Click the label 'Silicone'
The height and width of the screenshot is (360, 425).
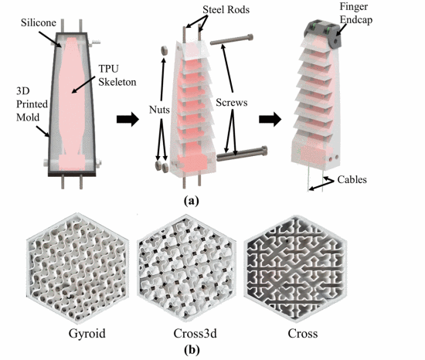click(x=39, y=22)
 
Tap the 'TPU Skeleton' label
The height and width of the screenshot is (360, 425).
click(x=117, y=75)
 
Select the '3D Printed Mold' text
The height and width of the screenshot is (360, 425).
click(x=32, y=104)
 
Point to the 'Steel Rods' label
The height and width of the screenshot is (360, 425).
click(x=226, y=10)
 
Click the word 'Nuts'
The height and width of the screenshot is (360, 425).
click(x=159, y=110)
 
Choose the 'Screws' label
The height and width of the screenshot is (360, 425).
click(x=232, y=103)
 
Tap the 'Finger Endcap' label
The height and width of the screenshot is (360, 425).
click(x=356, y=13)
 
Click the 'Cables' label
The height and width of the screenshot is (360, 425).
click(x=352, y=179)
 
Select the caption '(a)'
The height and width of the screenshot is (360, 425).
click(x=192, y=202)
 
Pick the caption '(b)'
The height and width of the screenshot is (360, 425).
click(x=192, y=350)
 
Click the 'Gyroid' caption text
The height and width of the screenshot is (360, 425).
click(x=87, y=334)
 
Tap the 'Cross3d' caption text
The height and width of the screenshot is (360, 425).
click(x=195, y=334)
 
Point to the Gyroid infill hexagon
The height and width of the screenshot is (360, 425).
click(x=78, y=268)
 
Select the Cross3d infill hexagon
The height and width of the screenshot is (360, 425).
click(x=186, y=268)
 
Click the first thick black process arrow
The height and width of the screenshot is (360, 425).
click(x=127, y=119)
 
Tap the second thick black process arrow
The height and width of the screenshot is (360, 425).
click(x=270, y=119)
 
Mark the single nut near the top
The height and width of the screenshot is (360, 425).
click(x=165, y=50)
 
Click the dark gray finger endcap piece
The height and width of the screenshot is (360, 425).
click(x=322, y=34)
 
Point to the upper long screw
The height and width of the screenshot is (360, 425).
click(x=232, y=39)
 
